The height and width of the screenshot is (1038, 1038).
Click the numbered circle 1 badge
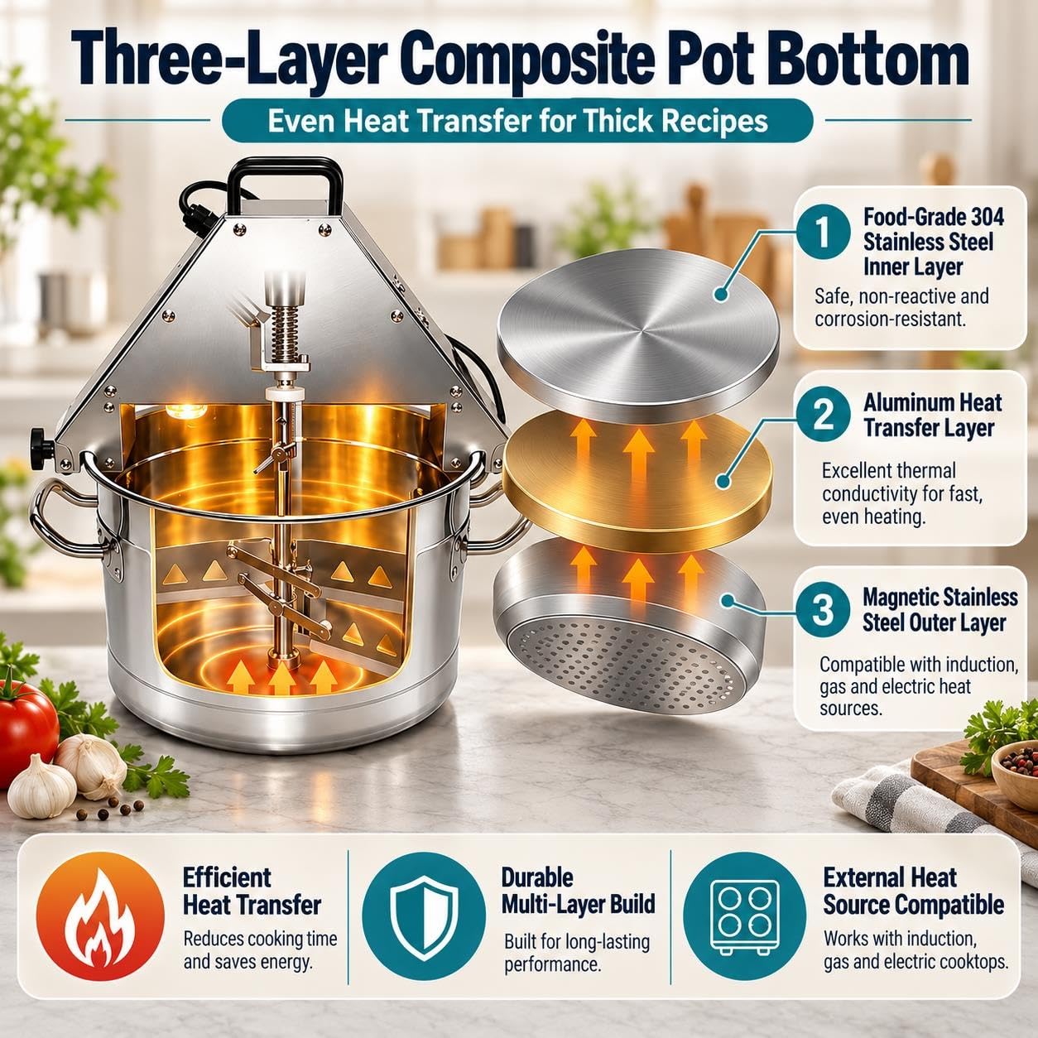pos(823,236)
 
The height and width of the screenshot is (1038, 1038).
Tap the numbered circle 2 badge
pos(823,416)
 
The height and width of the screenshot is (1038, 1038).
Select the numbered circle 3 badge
pos(823,610)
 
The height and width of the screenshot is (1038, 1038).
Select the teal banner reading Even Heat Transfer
pos(517,121)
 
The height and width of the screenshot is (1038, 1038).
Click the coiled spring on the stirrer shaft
pos(285,333)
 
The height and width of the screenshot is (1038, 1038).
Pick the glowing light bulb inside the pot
pos(186,411)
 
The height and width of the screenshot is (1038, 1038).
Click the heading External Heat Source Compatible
pos(913,892)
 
